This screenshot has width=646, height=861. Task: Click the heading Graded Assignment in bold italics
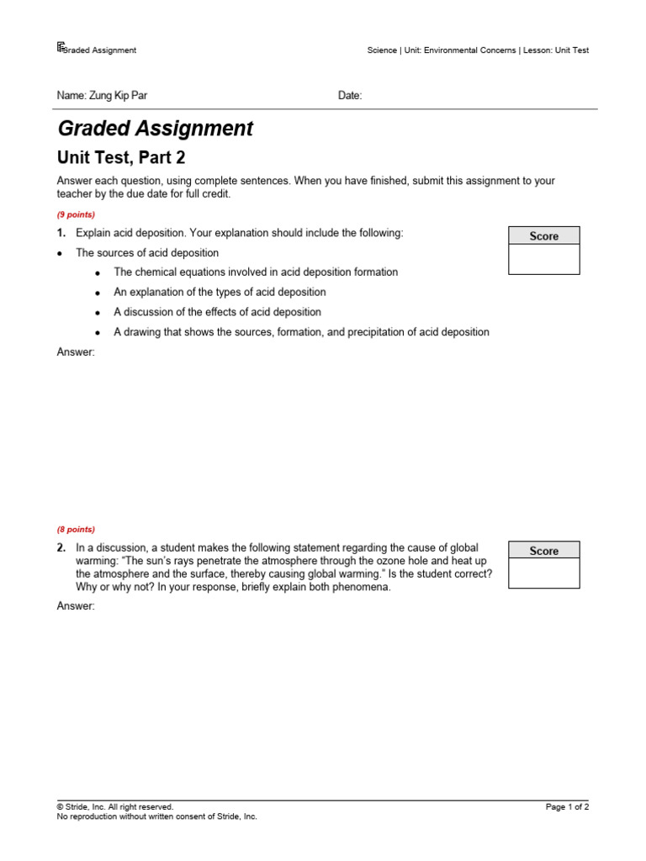155,129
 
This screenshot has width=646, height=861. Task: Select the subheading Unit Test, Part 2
120,157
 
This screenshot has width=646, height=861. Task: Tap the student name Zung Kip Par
102,96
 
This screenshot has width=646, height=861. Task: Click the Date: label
350,96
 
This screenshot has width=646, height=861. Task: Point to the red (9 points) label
76,214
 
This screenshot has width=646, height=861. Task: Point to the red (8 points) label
76,530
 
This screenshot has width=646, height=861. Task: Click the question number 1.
61,233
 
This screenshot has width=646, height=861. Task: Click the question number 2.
61,548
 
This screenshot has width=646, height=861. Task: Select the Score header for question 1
543,236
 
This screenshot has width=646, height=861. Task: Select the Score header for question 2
543,551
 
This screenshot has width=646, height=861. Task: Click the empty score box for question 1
543,259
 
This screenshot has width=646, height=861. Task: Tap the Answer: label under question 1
76,352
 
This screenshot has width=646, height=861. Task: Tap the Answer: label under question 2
76,606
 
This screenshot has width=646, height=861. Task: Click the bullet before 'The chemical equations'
98,273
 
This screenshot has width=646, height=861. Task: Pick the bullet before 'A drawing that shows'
98,333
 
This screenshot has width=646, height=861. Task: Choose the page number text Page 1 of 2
567,807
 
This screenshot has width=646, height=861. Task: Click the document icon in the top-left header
61,48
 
